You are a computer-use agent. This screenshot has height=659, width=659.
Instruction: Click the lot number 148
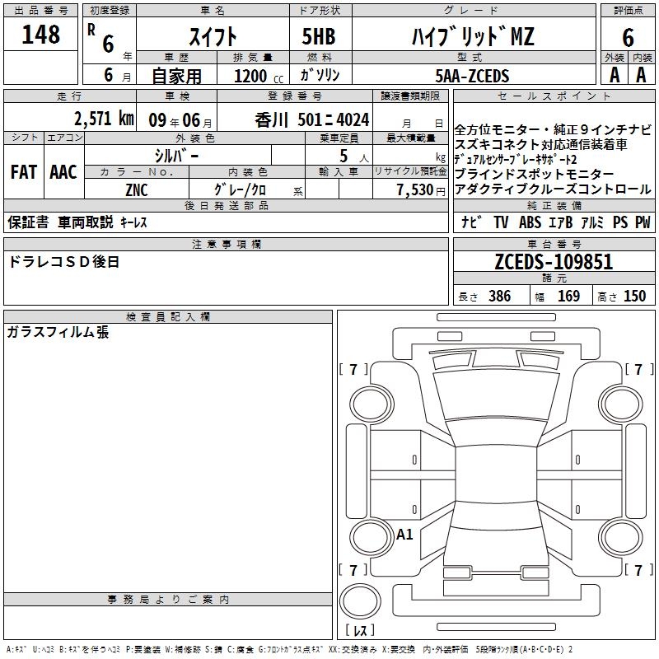point(40,35)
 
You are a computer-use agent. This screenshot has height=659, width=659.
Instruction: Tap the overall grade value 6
point(628,38)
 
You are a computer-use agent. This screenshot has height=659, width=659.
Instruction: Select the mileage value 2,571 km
point(104,119)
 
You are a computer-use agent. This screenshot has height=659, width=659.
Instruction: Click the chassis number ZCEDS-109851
point(554,262)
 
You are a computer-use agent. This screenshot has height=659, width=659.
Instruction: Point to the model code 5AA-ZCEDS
point(472,76)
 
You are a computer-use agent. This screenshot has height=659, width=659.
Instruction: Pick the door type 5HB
point(319,36)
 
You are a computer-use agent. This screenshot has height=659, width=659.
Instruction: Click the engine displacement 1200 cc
point(259,77)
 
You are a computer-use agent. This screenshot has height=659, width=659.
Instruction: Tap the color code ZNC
point(137,190)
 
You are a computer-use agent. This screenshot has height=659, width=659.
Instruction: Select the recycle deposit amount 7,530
point(415,190)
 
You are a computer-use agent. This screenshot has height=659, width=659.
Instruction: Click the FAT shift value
point(24,172)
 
